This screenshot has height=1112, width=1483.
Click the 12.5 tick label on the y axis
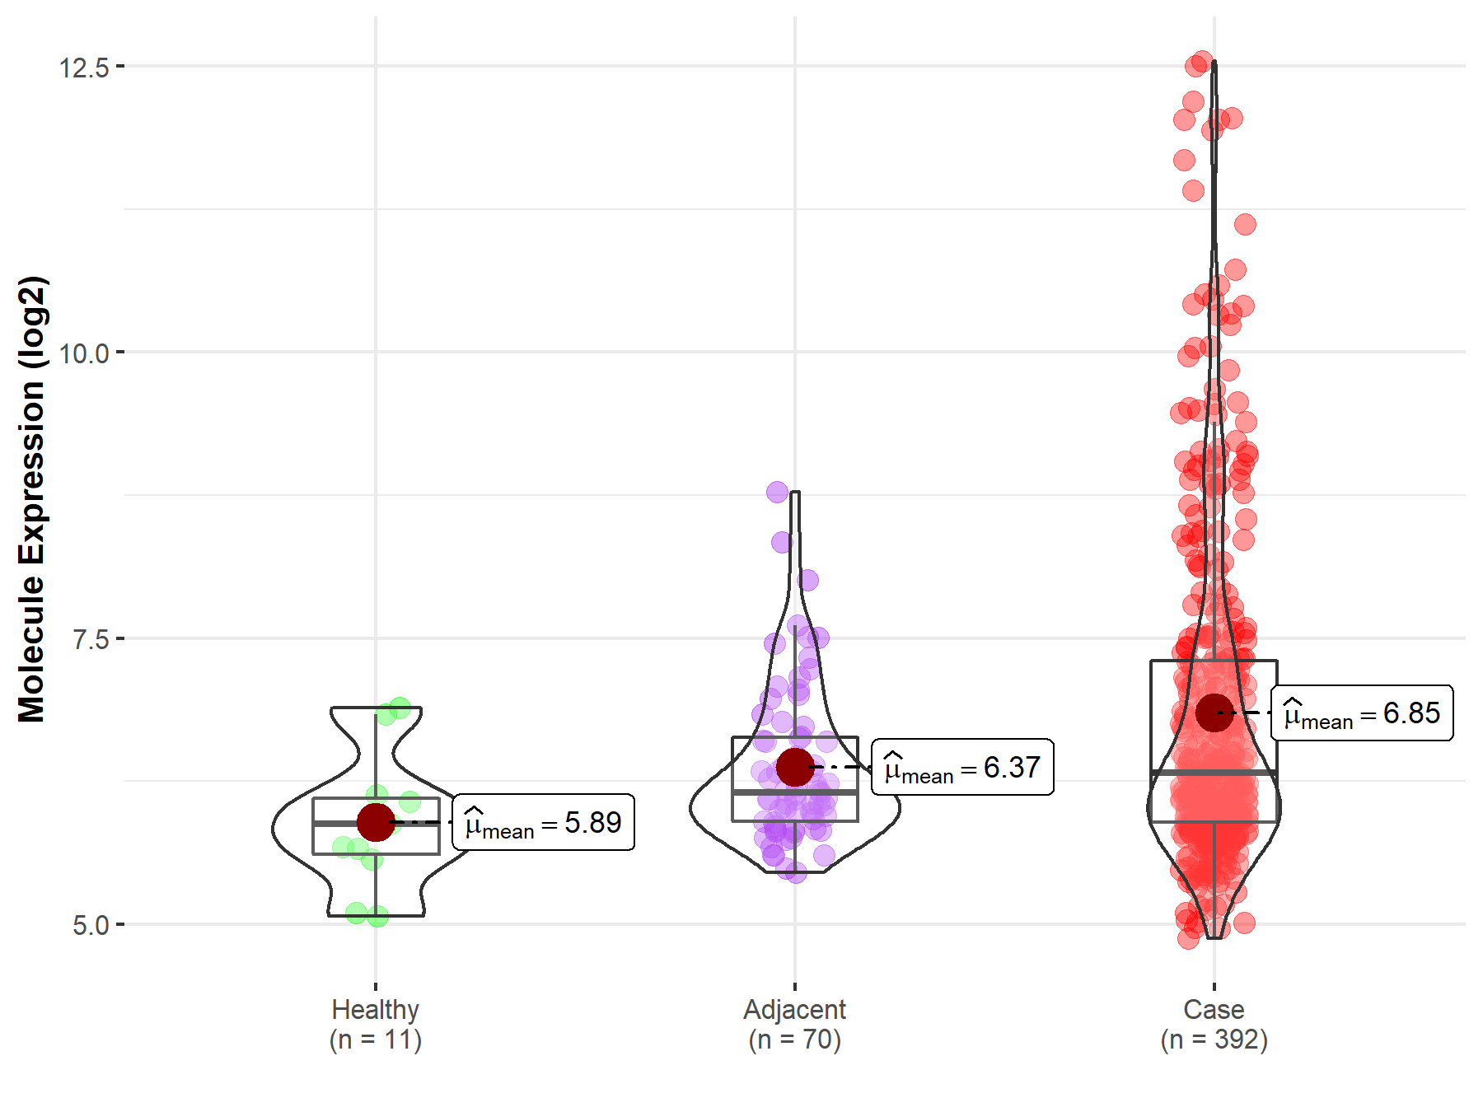[84, 67]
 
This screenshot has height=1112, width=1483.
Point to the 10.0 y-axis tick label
[84, 353]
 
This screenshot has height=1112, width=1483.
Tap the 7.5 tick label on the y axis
[91, 639]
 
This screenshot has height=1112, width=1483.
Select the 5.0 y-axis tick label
[91, 925]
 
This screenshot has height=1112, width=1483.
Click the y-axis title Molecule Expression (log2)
[31, 499]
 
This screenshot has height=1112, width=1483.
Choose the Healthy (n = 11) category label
[376, 1024]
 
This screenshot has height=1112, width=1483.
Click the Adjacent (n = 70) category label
[795, 1024]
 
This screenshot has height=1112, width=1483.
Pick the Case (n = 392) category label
[1214, 1024]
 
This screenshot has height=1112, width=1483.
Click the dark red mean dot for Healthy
[376, 822]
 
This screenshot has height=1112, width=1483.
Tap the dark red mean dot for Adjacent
[795, 767]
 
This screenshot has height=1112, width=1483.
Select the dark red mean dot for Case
[1214, 713]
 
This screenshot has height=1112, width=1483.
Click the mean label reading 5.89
[544, 822]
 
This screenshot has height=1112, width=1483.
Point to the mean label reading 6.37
[962, 767]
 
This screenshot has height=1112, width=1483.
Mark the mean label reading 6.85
[1362, 713]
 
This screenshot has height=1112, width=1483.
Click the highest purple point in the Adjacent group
[777, 493]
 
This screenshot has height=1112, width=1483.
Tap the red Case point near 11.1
[1245, 224]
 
